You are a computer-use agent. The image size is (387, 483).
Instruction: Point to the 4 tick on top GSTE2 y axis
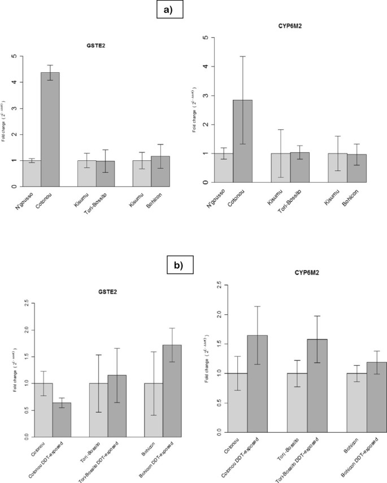(14, 82)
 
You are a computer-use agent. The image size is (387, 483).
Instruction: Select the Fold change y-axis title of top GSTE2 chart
(5, 120)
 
